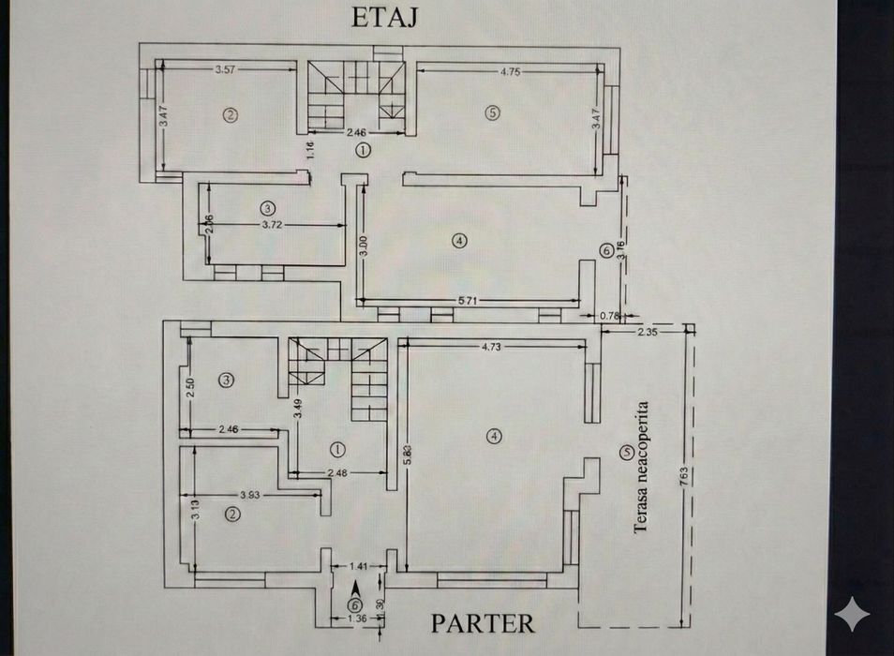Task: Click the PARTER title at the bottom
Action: [x=483, y=623]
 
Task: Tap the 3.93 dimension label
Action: [x=249, y=494]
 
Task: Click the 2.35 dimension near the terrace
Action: [x=648, y=331]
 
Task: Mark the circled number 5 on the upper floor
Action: [x=492, y=113]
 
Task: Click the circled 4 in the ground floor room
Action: [x=492, y=435]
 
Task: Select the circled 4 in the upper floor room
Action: [x=457, y=241]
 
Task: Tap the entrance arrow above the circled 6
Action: [x=355, y=588]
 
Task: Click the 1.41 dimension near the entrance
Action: [x=358, y=567]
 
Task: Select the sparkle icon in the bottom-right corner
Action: [x=852, y=616]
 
